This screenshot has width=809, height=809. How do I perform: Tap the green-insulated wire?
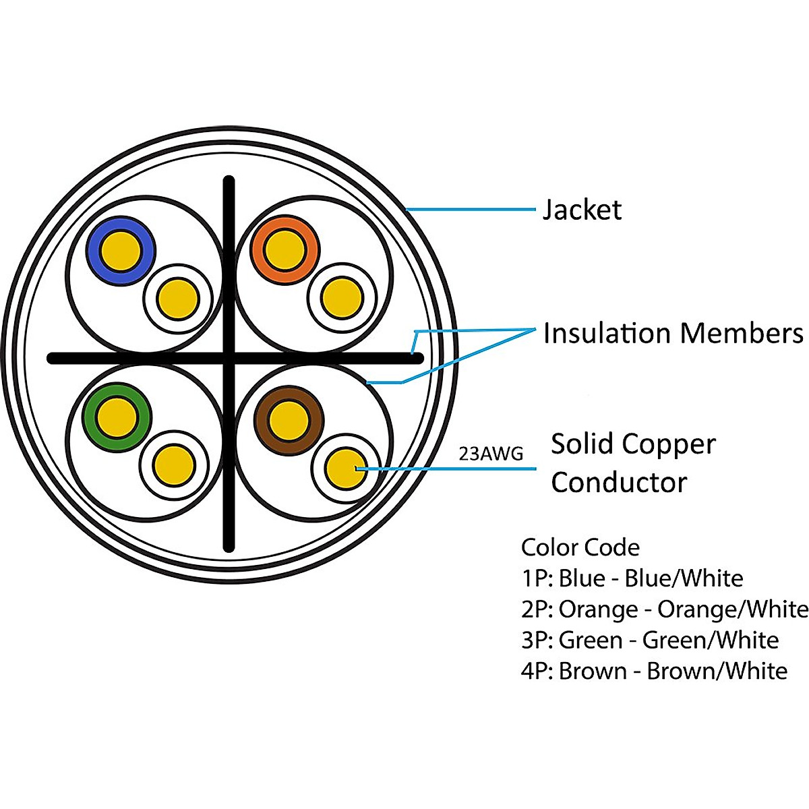[x=116, y=417]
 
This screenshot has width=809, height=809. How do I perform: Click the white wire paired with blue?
[x=177, y=297]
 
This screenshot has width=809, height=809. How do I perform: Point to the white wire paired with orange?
[x=342, y=297]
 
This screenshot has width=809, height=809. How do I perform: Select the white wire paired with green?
[x=174, y=465]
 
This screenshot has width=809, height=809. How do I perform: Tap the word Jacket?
[x=582, y=210]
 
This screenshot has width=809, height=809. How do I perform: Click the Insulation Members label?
[x=673, y=333]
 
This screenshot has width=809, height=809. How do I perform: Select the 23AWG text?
[x=491, y=454]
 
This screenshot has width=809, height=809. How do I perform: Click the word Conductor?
[x=618, y=482]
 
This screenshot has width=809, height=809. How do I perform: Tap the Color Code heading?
[x=580, y=547]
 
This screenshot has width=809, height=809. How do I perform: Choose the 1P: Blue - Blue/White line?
[x=632, y=578]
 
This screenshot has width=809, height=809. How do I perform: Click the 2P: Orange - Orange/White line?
[x=664, y=609]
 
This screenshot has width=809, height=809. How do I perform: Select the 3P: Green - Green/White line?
[x=649, y=640]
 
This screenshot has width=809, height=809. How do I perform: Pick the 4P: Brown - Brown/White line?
[x=654, y=671]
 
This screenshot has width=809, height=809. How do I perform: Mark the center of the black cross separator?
[x=229, y=358]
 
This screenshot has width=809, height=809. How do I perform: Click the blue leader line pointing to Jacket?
[x=472, y=210]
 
